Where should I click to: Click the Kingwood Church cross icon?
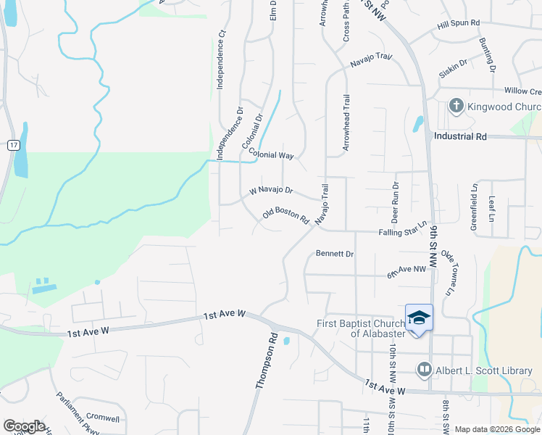456,107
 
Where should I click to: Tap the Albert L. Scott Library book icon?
424,370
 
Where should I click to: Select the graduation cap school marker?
419,319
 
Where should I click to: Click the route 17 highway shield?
13,146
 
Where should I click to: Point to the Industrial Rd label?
460,136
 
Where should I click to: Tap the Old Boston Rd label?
286,216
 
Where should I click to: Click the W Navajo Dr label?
271,191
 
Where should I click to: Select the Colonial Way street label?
271,154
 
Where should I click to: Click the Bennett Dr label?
335,254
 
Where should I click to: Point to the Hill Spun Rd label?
459,24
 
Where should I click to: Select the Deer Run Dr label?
396,202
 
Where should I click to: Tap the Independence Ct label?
222,59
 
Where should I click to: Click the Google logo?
24,426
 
